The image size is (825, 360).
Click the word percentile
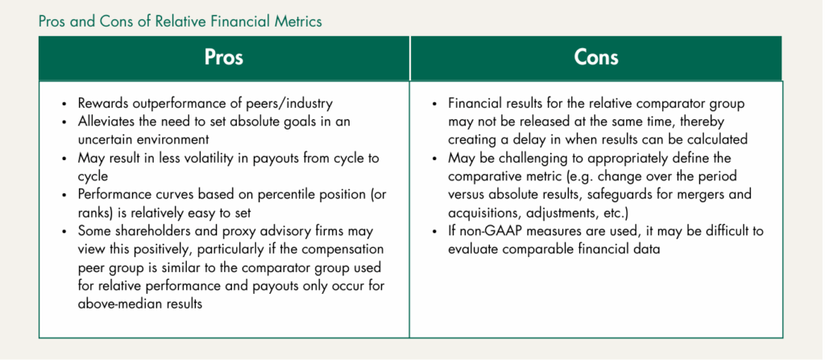[277, 194]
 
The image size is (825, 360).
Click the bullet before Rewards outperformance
[64, 105]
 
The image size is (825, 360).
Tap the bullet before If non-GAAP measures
[435, 232]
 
